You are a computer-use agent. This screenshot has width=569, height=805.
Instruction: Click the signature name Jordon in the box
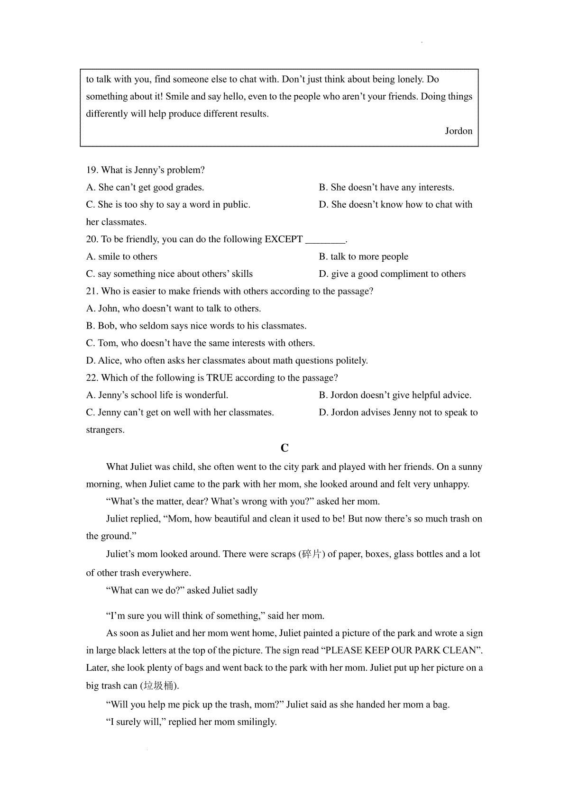(459, 131)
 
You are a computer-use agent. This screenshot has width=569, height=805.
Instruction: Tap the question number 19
(92, 170)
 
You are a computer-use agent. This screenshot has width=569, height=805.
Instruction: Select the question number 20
(92, 239)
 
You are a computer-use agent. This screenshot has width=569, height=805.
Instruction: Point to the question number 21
(92, 292)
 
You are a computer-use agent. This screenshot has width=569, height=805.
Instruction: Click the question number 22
(92, 378)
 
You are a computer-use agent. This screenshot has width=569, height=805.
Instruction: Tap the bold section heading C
(284, 448)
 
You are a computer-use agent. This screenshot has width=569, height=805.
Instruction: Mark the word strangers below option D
(105, 430)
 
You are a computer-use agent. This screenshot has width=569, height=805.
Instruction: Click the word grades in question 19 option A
(189, 188)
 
